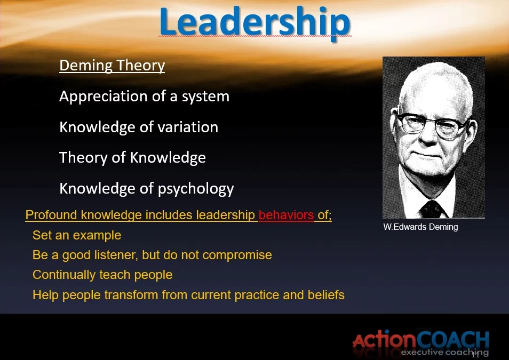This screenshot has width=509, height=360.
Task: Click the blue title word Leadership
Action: pos(255,22)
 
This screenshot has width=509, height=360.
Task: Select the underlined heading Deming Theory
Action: pos(112,65)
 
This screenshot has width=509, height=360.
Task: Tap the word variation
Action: pos(188,127)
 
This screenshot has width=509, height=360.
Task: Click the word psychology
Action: pos(196,189)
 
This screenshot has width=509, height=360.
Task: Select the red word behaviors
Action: pos(287,215)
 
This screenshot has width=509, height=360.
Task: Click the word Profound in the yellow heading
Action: pos(51,215)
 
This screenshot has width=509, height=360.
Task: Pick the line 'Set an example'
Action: pos(77,235)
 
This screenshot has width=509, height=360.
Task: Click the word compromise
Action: pos(237,255)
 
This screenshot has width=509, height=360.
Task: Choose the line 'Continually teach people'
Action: pos(102,275)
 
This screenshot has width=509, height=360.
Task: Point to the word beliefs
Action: pos(326,295)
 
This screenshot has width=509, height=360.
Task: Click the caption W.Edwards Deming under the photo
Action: pos(421,227)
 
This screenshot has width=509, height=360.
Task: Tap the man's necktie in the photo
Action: pos(431,209)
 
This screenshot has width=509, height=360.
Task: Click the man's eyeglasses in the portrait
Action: pos(431,125)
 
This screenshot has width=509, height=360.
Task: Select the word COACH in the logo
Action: pos(453,340)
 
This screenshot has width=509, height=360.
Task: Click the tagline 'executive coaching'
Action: pos(445,353)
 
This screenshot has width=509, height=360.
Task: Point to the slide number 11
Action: pos(475,355)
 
